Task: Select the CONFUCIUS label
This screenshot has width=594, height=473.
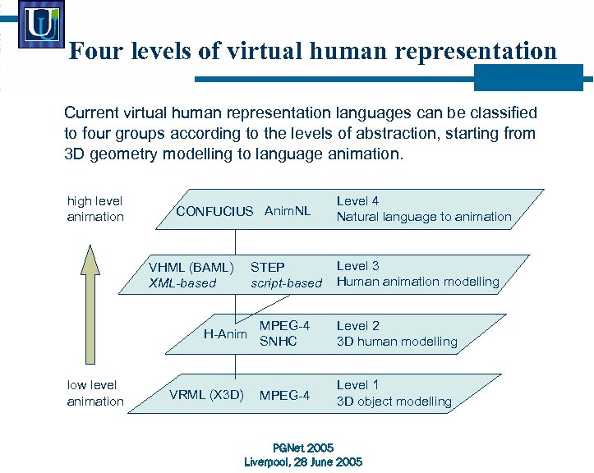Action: tap(214, 211)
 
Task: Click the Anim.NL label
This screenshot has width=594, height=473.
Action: tap(288, 211)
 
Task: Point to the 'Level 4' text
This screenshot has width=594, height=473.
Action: tap(357, 200)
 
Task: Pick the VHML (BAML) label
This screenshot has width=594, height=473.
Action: tap(191, 267)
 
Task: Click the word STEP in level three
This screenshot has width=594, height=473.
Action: tap(268, 267)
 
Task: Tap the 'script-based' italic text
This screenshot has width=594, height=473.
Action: tap(287, 283)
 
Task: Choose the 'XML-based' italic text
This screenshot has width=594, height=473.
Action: tap(182, 283)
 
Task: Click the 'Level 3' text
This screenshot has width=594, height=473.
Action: tap(357, 265)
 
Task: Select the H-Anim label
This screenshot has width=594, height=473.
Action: tap(225, 333)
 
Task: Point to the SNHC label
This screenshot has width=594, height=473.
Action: tap(278, 342)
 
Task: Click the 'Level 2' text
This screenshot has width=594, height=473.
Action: tap(357, 325)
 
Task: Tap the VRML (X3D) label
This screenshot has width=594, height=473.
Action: tap(206, 394)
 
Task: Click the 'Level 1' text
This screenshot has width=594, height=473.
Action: tap(357, 384)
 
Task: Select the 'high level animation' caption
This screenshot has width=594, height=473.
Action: tap(95, 209)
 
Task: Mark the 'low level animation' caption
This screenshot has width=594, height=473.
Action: tap(95, 393)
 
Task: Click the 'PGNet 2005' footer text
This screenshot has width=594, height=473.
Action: tap(303, 448)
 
